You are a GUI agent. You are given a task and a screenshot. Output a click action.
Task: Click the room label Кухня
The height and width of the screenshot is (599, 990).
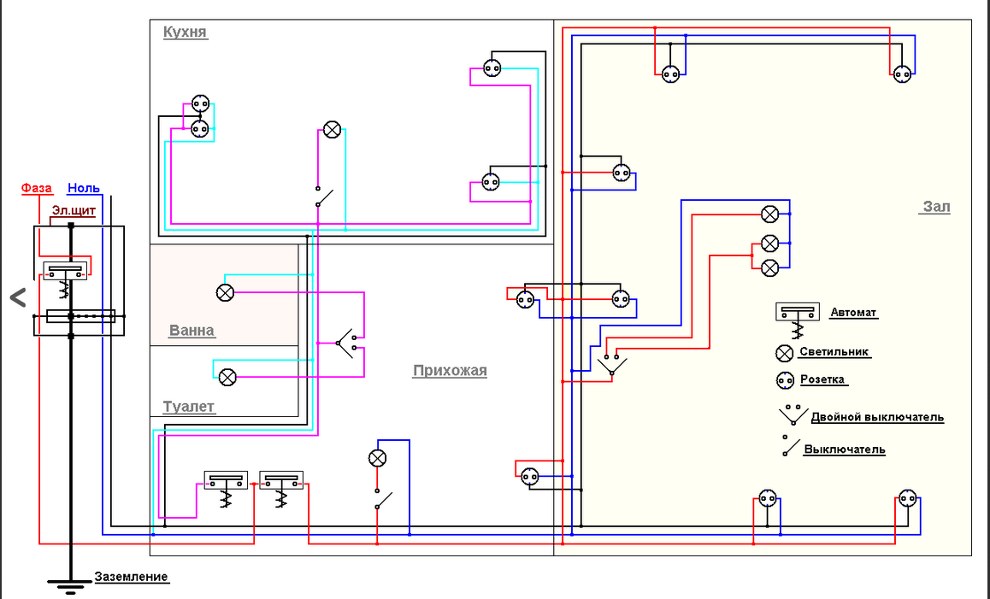click(185, 32)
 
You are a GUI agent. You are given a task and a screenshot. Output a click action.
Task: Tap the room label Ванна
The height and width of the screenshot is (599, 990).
click(192, 331)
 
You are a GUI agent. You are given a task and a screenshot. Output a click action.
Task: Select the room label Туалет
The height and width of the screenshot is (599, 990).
click(188, 408)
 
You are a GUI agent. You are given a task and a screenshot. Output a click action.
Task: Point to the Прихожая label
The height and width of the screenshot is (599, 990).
click(450, 371)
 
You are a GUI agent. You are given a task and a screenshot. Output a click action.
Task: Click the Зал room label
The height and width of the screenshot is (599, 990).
click(936, 207)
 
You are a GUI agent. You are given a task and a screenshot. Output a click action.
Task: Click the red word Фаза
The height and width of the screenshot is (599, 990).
click(36, 188)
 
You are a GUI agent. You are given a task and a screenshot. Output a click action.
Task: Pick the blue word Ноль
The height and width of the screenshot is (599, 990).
click(84, 188)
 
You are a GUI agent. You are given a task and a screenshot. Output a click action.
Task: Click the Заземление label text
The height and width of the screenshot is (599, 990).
click(131, 577)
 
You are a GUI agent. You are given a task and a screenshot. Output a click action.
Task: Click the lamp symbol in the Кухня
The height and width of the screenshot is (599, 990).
click(332, 130)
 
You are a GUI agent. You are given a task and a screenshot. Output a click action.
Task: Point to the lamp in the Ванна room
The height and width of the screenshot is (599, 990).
click(225, 293)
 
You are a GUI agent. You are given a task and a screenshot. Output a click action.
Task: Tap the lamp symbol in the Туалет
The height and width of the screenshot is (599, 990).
click(227, 376)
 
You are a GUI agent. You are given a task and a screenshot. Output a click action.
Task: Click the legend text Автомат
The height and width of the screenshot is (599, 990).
click(853, 313)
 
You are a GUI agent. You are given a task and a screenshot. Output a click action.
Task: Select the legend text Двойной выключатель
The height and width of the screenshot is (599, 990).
click(876, 417)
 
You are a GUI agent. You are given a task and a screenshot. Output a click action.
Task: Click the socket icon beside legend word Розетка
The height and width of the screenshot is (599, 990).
click(785, 380)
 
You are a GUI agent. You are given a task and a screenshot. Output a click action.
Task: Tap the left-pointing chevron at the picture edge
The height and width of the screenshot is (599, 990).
click(17, 297)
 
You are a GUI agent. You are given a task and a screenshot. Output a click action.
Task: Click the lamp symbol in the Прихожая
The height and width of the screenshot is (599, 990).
click(377, 458)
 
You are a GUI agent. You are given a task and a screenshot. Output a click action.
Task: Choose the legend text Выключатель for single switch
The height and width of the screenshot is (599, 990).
click(844, 449)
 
